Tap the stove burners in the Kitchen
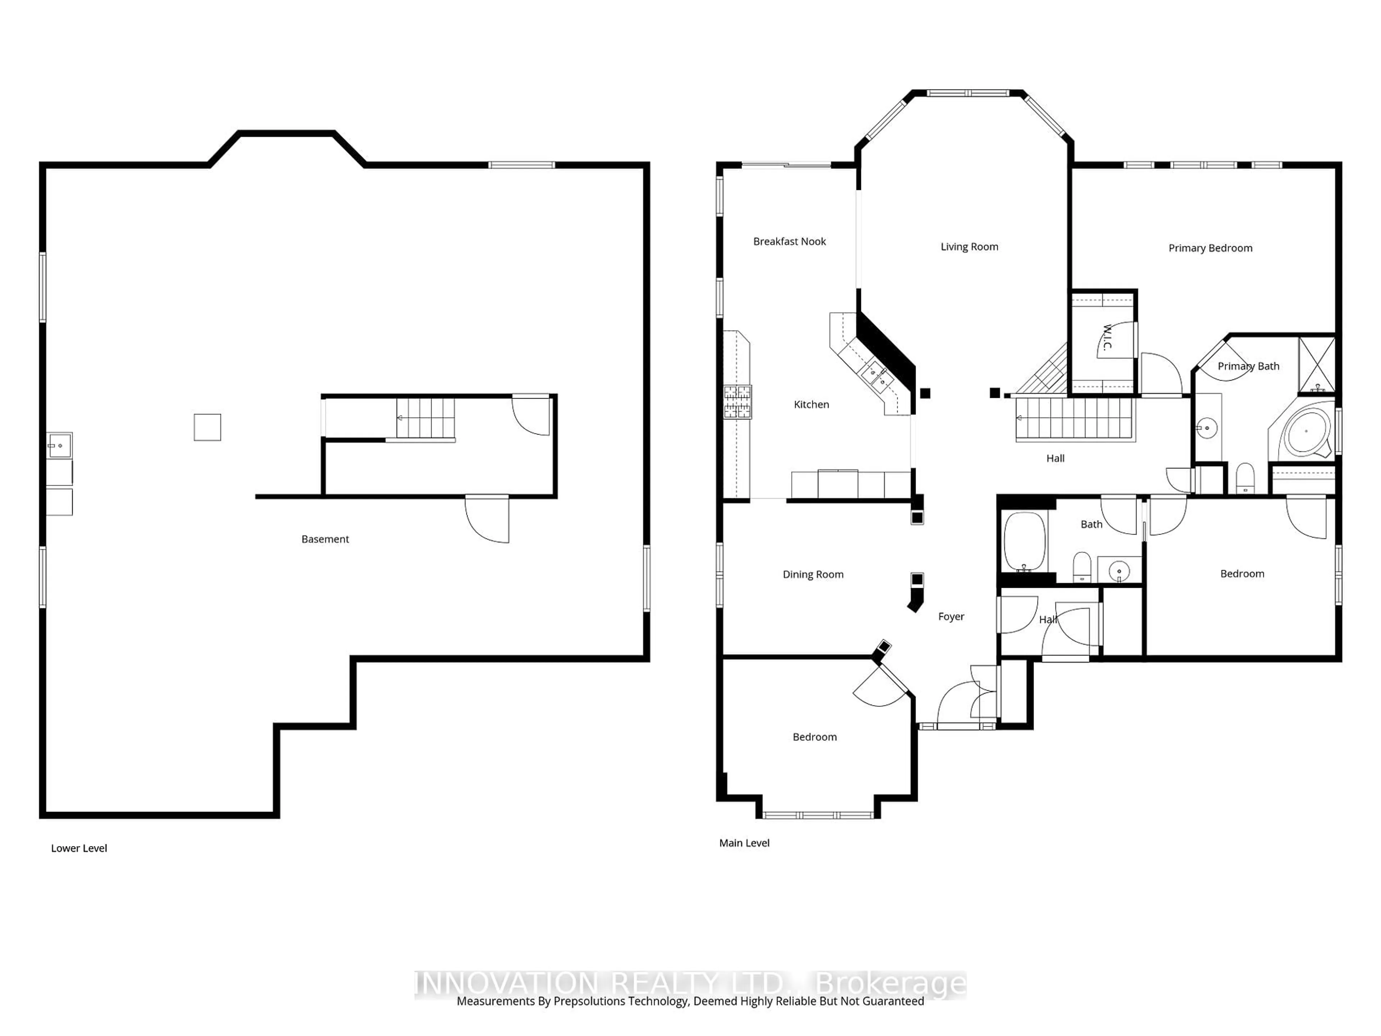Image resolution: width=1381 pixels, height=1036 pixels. tap(738, 401)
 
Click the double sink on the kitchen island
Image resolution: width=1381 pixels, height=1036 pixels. tap(877, 375)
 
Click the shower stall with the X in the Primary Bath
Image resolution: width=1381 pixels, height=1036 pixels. tap(1316, 365)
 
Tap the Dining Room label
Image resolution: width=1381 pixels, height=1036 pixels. tap(813, 574)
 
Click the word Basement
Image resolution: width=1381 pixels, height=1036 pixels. tap(325, 539)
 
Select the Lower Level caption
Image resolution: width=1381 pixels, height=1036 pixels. tap(79, 848)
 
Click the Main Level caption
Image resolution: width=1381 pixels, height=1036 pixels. tap(744, 843)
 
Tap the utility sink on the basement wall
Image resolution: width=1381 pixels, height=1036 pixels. tap(59, 445)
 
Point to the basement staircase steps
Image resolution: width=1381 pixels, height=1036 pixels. tap(425, 418)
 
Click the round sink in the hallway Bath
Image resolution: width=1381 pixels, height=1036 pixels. tap(1119, 569)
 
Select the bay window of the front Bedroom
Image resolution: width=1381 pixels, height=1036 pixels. tap(818, 815)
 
